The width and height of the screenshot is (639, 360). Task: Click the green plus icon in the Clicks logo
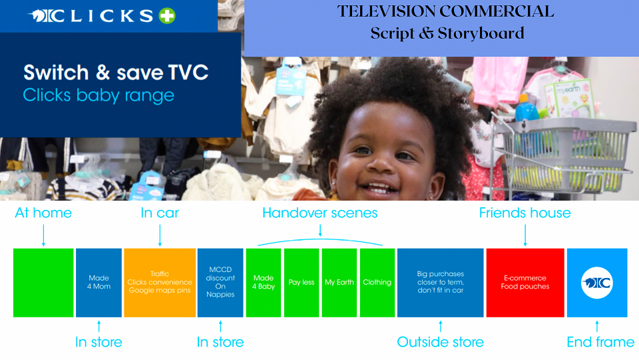pos(166,16)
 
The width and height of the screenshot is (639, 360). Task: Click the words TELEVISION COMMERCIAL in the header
pos(445,11)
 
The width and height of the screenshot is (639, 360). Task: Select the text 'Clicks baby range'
pos(99,95)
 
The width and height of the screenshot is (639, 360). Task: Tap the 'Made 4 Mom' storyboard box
pos(99,283)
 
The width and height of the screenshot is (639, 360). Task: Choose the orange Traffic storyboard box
pos(160,283)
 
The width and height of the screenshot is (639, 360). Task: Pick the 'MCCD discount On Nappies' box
pos(220,283)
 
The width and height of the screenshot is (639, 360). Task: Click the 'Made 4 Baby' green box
pos(264,283)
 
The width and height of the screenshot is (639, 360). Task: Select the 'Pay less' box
pos(301,283)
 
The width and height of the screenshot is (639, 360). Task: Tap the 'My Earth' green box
pos(339,283)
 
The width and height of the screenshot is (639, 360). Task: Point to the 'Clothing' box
pos(377,283)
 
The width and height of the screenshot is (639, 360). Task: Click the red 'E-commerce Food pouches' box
pos(525,283)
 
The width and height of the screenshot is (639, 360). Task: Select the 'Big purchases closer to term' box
pos(440,283)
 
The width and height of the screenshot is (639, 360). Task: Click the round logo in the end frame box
pos(597,283)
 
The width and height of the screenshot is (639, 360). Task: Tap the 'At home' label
pos(43,213)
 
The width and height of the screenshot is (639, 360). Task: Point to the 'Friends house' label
pos(525,213)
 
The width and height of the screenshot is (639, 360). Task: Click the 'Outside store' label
pos(440,342)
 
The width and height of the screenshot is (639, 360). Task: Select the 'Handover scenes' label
pos(320,213)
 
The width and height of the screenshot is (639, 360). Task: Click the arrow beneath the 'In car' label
pos(160,235)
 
